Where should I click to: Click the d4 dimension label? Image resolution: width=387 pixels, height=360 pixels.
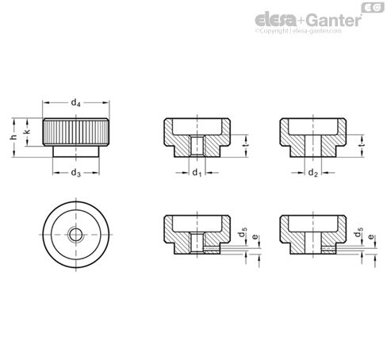point(75,102)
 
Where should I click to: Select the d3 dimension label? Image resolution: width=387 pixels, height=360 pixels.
point(75,173)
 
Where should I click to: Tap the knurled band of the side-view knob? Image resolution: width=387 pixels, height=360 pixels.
point(75,130)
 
